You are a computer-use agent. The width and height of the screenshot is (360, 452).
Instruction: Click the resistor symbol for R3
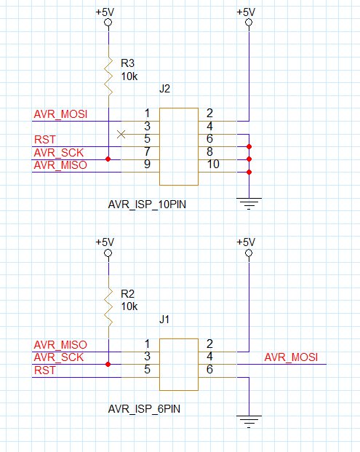coord(108,76)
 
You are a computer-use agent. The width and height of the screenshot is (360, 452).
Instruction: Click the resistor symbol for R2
coord(108,306)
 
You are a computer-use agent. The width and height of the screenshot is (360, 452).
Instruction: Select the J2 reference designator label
coord(165,89)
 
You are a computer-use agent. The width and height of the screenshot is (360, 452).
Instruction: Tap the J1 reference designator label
coord(164,319)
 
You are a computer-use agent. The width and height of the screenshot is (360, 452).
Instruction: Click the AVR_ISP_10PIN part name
coord(147,205)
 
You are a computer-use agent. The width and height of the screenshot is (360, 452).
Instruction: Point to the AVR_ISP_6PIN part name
coord(144,409)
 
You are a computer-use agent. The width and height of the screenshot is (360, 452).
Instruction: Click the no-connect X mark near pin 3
coord(121,134)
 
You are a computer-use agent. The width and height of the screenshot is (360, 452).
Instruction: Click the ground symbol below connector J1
coord(249,421)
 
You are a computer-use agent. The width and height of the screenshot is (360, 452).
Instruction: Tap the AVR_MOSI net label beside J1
coord(291,357)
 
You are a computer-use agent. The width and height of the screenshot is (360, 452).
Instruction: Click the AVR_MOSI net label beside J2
coord(60,114)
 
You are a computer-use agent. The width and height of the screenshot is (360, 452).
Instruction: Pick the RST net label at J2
coord(45,140)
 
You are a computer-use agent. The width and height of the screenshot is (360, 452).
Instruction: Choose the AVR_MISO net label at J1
coord(60,345)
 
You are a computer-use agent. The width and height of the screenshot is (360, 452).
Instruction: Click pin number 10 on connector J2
coord(213,164)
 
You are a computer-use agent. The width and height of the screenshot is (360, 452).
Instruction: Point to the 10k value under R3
coord(129,76)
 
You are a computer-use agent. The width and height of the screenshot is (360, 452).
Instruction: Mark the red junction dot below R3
coord(108,159)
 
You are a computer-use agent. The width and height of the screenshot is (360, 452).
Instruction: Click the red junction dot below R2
coord(108,365)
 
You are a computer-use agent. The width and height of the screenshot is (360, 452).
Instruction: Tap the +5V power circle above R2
coord(108,253)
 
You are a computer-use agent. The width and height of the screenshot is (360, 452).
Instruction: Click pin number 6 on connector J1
coord(209,369)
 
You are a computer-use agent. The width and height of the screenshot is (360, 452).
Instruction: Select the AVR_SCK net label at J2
coord(59,153)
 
